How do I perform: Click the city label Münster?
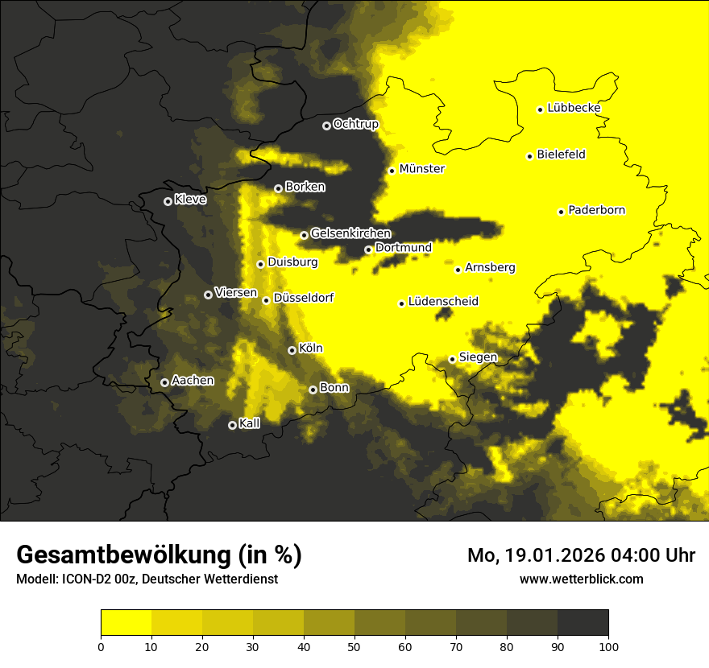[x=421, y=169]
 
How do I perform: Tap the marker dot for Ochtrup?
[x=326, y=126]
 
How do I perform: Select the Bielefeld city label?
[x=561, y=155]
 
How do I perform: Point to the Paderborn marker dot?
[x=561, y=212]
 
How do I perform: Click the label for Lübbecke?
[x=574, y=108]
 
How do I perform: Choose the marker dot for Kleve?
[x=168, y=201]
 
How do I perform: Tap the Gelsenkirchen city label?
[x=350, y=233]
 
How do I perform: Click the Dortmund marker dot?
[x=368, y=249]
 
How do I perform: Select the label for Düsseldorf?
[x=303, y=298]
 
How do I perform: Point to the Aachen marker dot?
[x=164, y=382]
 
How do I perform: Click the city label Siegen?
[x=478, y=357]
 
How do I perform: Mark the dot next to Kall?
[x=232, y=425]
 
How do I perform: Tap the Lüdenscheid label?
[x=443, y=302]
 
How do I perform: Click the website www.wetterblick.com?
[x=581, y=579]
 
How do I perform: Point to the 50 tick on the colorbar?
[x=354, y=646]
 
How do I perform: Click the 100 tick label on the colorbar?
[x=608, y=646]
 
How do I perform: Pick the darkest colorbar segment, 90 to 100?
[x=583, y=623]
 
